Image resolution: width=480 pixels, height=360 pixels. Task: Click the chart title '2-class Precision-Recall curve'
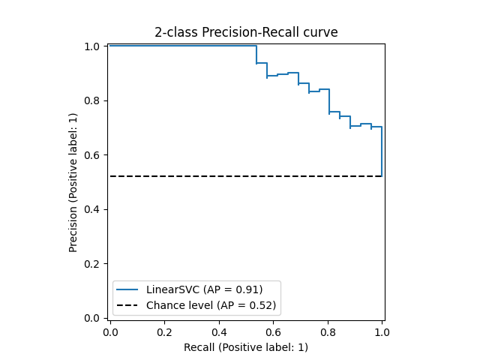click(246, 32)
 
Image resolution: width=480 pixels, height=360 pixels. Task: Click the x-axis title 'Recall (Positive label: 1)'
click(246, 347)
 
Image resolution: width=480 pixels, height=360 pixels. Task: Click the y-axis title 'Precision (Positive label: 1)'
click(73, 182)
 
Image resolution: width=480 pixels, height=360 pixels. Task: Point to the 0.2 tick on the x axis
click(165, 331)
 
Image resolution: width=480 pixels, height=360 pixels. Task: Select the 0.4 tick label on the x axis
click(219, 331)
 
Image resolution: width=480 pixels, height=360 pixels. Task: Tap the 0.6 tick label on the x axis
click(273, 331)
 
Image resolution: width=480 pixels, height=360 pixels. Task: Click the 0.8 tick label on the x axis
click(328, 331)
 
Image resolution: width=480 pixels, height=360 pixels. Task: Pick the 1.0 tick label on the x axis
click(382, 331)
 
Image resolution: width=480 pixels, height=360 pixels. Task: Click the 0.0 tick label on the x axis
click(110, 331)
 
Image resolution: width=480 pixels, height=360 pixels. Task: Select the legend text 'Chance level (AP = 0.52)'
click(211, 305)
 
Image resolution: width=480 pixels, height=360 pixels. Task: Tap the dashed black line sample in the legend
click(128, 305)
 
